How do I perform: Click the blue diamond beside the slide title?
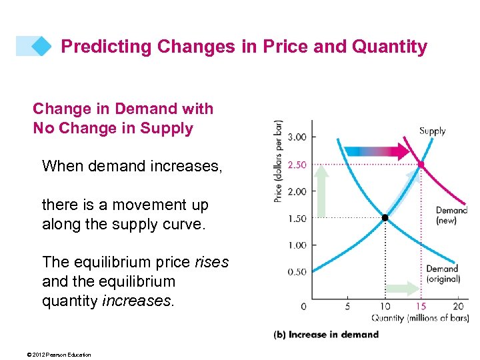[x=41, y=46]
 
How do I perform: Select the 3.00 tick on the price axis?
[x=297, y=137]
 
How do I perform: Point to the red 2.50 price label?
[x=297, y=164]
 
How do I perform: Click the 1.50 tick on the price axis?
[x=297, y=218]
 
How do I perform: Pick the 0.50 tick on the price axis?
[x=297, y=272]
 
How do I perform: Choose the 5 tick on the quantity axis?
[x=348, y=307]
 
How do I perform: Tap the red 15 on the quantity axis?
[x=421, y=307]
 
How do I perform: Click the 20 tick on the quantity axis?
[x=458, y=307]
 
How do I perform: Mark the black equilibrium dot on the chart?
[x=385, y=217]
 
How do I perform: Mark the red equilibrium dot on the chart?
[x=421, y=164]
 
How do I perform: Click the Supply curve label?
[x=432, y=131]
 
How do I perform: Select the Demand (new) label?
[x=451, y=215]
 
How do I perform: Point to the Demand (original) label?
[x=443, y=274]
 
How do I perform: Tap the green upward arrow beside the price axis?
[x=321, y=191]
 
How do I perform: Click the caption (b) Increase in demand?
[x=326, y=335]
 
